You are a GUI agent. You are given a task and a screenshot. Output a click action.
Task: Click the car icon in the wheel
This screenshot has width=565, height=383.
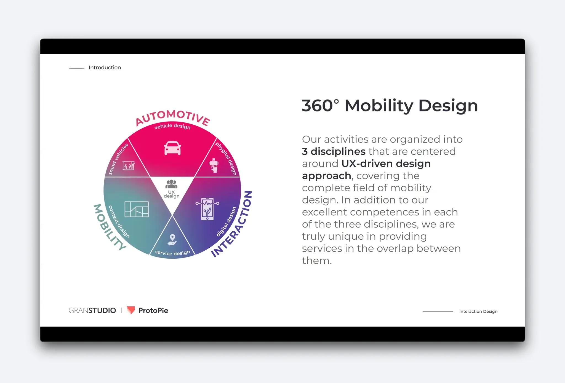pyautogui.click(x=172, y=148)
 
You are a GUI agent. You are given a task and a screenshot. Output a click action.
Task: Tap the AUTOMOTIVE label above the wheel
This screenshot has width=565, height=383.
pyautogui.click(x=173, y=117)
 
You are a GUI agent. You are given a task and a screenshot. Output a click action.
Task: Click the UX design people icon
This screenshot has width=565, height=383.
pyautogui.click(x=171, y=184)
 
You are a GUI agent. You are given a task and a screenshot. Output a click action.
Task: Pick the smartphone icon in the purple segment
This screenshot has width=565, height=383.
pyautogui.click(x=207, y=209)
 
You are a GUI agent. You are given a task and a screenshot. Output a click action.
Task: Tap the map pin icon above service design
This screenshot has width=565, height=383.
pyautogui.click(x=172, y=240)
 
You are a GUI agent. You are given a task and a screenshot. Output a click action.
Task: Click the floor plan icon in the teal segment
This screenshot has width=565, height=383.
pyautogui.click(x=137, y=209)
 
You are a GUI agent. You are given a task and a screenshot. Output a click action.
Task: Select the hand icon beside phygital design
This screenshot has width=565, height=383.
pyautogui.click(x=214, y=165)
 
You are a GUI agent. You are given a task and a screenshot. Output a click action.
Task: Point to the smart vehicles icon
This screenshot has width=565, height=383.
pyautogui.click(x=129, y=166)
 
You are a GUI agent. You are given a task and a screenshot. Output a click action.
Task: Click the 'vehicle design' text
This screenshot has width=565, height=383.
pyautogui.click(x=172, y=126)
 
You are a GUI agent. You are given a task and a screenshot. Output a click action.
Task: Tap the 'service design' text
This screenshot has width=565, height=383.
pyautogui.click(x=172, y=253)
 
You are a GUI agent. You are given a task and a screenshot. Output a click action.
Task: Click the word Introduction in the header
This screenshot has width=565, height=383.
pyautogui.click(x=105, y=68)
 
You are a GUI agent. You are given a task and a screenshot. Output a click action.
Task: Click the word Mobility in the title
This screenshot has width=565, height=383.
pyautogui.click(x=379, y=106)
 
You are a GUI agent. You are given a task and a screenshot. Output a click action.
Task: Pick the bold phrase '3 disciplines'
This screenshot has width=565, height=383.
pyautogui.click(x=334, y=151)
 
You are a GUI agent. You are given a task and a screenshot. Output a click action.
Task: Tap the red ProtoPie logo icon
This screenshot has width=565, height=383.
pyautogui.click(x=131, y=310)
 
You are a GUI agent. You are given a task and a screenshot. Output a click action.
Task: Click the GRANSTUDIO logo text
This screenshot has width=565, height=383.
pyautogui.click(x=92, y=310)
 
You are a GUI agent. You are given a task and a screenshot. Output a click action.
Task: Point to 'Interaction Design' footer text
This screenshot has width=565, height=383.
pyautogui.click(x=478, y=311)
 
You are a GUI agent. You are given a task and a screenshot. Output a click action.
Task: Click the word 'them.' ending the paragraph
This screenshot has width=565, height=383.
pyautogui.click(x=317, y=261)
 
